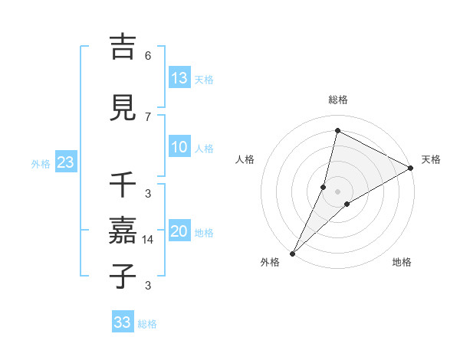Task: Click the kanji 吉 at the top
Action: [x=123, y=47]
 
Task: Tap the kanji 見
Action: [x=123, y=108]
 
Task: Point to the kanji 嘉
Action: [x=123, y=231]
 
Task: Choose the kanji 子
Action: [x=123, y=277]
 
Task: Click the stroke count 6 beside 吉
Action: [x=148, y=56]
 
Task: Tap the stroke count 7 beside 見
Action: [x=148, y=116]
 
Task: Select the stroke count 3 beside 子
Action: [x=148, y=286]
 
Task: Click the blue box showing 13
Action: [x=179, y=78]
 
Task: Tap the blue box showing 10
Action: [x=179, y=148]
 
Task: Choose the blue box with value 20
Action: [x=179, y=232]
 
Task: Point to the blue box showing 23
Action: [x=65, y=162]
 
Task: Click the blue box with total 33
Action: [x=123, y=322]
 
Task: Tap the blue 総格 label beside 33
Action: [x=147, y=324]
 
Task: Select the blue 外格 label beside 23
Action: [x=41, y=164]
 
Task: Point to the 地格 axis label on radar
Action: [x=402, y=263]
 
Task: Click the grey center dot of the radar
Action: [x=337, y=191]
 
